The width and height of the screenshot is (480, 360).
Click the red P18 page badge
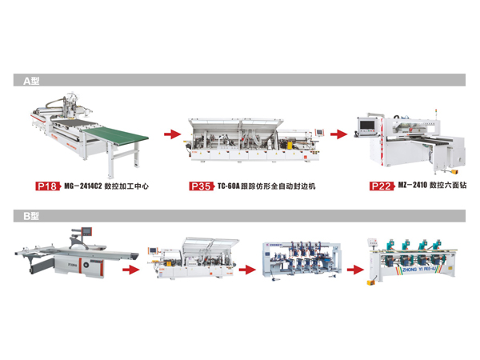[x=47, y=186]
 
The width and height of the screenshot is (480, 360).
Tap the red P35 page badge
[x=200, y=186]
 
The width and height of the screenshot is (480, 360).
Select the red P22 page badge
[x=382, y=186]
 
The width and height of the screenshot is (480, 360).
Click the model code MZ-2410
[x=412, y=186]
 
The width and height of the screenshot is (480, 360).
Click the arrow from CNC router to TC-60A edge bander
[x=171, y=134]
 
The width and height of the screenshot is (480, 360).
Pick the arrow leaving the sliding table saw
[x=128, y=269]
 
